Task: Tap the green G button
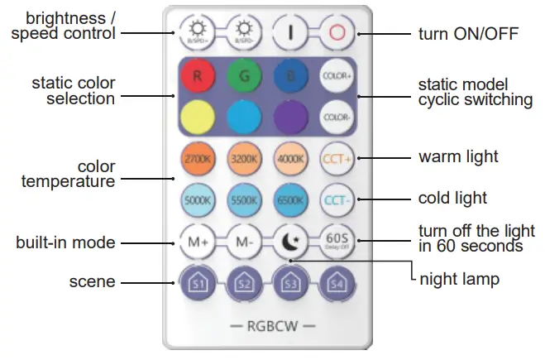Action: tap(245, 76)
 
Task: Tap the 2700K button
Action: tap(197, 158)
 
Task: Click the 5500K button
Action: tap(245, 199)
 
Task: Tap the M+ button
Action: tap(197, 242)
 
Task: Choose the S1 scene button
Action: tap(197, 284)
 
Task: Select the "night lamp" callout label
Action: tap(460, 279)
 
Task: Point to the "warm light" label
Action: tap(458, 156)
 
